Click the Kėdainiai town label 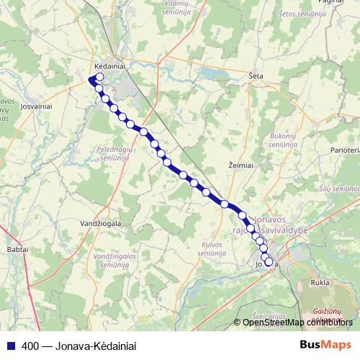[110, 63]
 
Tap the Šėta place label [256, 76]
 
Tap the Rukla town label [320, 283]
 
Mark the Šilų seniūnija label [341, 189]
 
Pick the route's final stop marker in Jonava [269, 263]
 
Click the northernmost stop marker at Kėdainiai [99, 78]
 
